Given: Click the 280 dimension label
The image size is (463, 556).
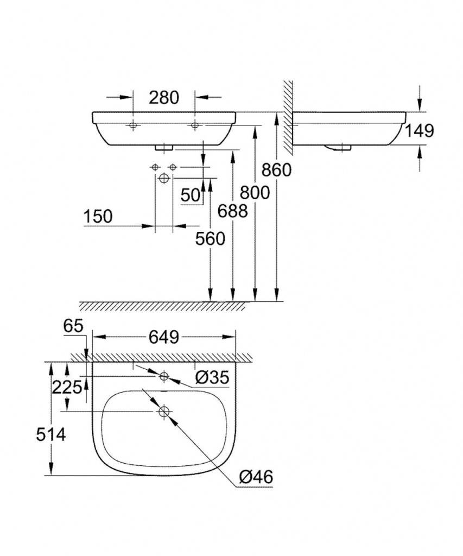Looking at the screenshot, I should click(x=163, y=98).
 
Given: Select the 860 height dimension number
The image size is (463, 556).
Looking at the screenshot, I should click(x=276, y=170).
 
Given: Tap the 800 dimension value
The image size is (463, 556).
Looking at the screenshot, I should click(x=255, y=192).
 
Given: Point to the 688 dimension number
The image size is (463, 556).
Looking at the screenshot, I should click(x=232, y=211).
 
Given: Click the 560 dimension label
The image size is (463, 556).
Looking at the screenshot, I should click(x=210, y=238).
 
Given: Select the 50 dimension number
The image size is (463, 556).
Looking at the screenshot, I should click(x=191, y=195).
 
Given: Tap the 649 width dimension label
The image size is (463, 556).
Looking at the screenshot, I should click(x=163, y=337).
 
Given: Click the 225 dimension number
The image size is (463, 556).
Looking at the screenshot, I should click(x=67, y=387).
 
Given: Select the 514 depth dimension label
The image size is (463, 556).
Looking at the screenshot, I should click(x=50, y=434).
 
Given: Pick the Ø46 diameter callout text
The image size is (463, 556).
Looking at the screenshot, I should click(x=255, y=477).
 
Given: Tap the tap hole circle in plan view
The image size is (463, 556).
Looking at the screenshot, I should click(x=164, y=376).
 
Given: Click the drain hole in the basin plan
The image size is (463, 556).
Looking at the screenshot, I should click(x=163, y=412).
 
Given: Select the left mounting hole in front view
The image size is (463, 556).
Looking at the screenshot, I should click(x=133, y=126).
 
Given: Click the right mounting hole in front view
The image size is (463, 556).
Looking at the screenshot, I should click(x=195, y=126).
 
